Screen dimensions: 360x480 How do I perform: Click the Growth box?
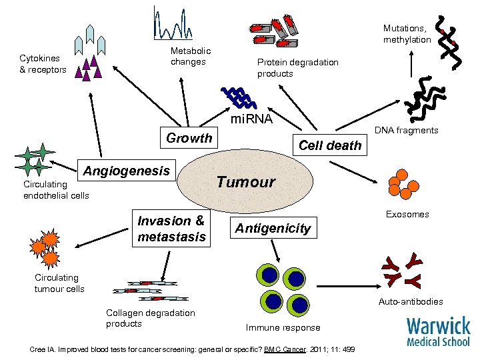click(189, 138)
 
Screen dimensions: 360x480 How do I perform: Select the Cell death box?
click(329, 145)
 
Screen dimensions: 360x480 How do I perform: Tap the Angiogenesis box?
click(126, 171)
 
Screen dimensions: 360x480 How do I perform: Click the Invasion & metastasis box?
click(171, 229)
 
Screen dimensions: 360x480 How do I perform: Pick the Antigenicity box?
click(272, 228)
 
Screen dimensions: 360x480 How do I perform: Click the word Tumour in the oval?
click(245, 182)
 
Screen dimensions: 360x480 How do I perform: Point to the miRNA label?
click(251, 119)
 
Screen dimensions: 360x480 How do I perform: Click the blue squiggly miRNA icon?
click(238, 98)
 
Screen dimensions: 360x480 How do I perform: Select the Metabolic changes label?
click(191, 57)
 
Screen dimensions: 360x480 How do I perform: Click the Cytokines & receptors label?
click(43, 64)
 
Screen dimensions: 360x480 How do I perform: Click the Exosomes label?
click(408, 214)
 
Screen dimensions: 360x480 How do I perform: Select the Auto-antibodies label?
click(411, 301)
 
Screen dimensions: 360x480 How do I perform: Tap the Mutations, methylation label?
click(407, 34)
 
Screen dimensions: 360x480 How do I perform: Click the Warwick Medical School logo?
click(438, 331)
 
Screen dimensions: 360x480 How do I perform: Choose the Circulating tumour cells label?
click(59, 283)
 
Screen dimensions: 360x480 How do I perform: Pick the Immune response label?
click(283, 327)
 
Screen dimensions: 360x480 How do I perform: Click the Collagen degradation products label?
click(150, 318)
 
